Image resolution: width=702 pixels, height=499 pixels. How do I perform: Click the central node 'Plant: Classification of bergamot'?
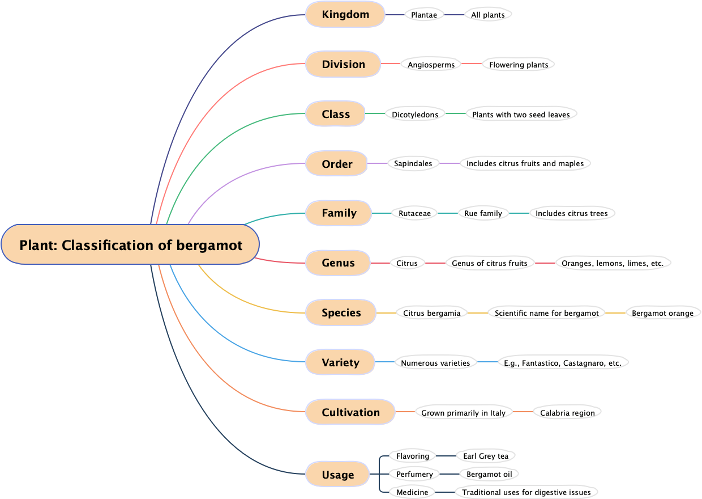[x=130, y=244]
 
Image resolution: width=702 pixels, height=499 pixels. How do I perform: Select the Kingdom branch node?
[x=345, y=15]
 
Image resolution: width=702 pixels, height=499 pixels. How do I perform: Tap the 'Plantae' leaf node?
[x=424, y=15]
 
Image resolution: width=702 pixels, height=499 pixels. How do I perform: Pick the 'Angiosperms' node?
[x=431, y=65]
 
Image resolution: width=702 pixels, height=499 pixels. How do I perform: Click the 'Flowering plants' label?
[x=519, y=65]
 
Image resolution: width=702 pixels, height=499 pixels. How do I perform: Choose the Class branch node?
[x=336, y=114]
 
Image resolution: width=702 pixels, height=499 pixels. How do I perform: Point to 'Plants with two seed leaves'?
[x=521, y=114]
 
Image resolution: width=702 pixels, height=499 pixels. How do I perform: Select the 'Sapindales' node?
[x=413, y=163]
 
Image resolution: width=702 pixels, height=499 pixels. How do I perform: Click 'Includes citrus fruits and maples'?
[x=525, y=163]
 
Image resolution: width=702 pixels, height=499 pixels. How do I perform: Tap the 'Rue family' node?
[x=483, y=213]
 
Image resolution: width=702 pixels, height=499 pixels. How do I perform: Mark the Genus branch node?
[x=338, y=263]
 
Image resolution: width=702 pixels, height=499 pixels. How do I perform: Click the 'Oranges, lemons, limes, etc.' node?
[x=613, y=263]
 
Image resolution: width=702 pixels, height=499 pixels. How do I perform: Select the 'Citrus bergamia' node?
[x=431, y=312]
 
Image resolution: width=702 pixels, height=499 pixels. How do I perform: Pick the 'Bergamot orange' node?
[x=662, y=313]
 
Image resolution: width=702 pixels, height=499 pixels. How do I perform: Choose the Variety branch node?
[x=340, y=362]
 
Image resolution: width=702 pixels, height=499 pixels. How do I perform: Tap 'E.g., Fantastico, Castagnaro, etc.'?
[x=562, y=363]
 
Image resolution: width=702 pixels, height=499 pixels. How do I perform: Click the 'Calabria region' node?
[x=567, y=413]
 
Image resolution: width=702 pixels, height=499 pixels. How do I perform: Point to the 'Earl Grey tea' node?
[x=485, y=456]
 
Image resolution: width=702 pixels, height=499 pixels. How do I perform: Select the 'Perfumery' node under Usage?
[x=414, y=474]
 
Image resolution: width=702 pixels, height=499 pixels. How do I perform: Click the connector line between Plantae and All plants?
[x=454, y=15]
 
